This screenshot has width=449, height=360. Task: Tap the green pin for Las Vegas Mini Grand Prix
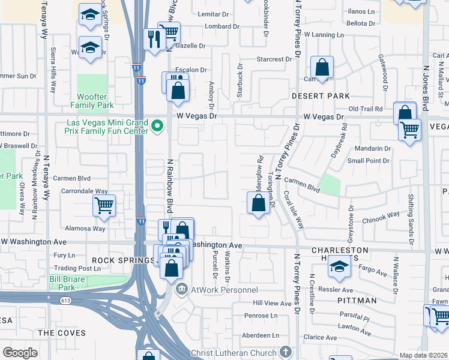pos(158,126)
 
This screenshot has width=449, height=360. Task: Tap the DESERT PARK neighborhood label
pos(321,96)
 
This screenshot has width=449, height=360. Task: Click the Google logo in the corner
pos(20,353)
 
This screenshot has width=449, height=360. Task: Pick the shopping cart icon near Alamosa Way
pos(104,206)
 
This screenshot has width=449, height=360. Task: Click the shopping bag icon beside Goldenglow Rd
pos(258,203)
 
